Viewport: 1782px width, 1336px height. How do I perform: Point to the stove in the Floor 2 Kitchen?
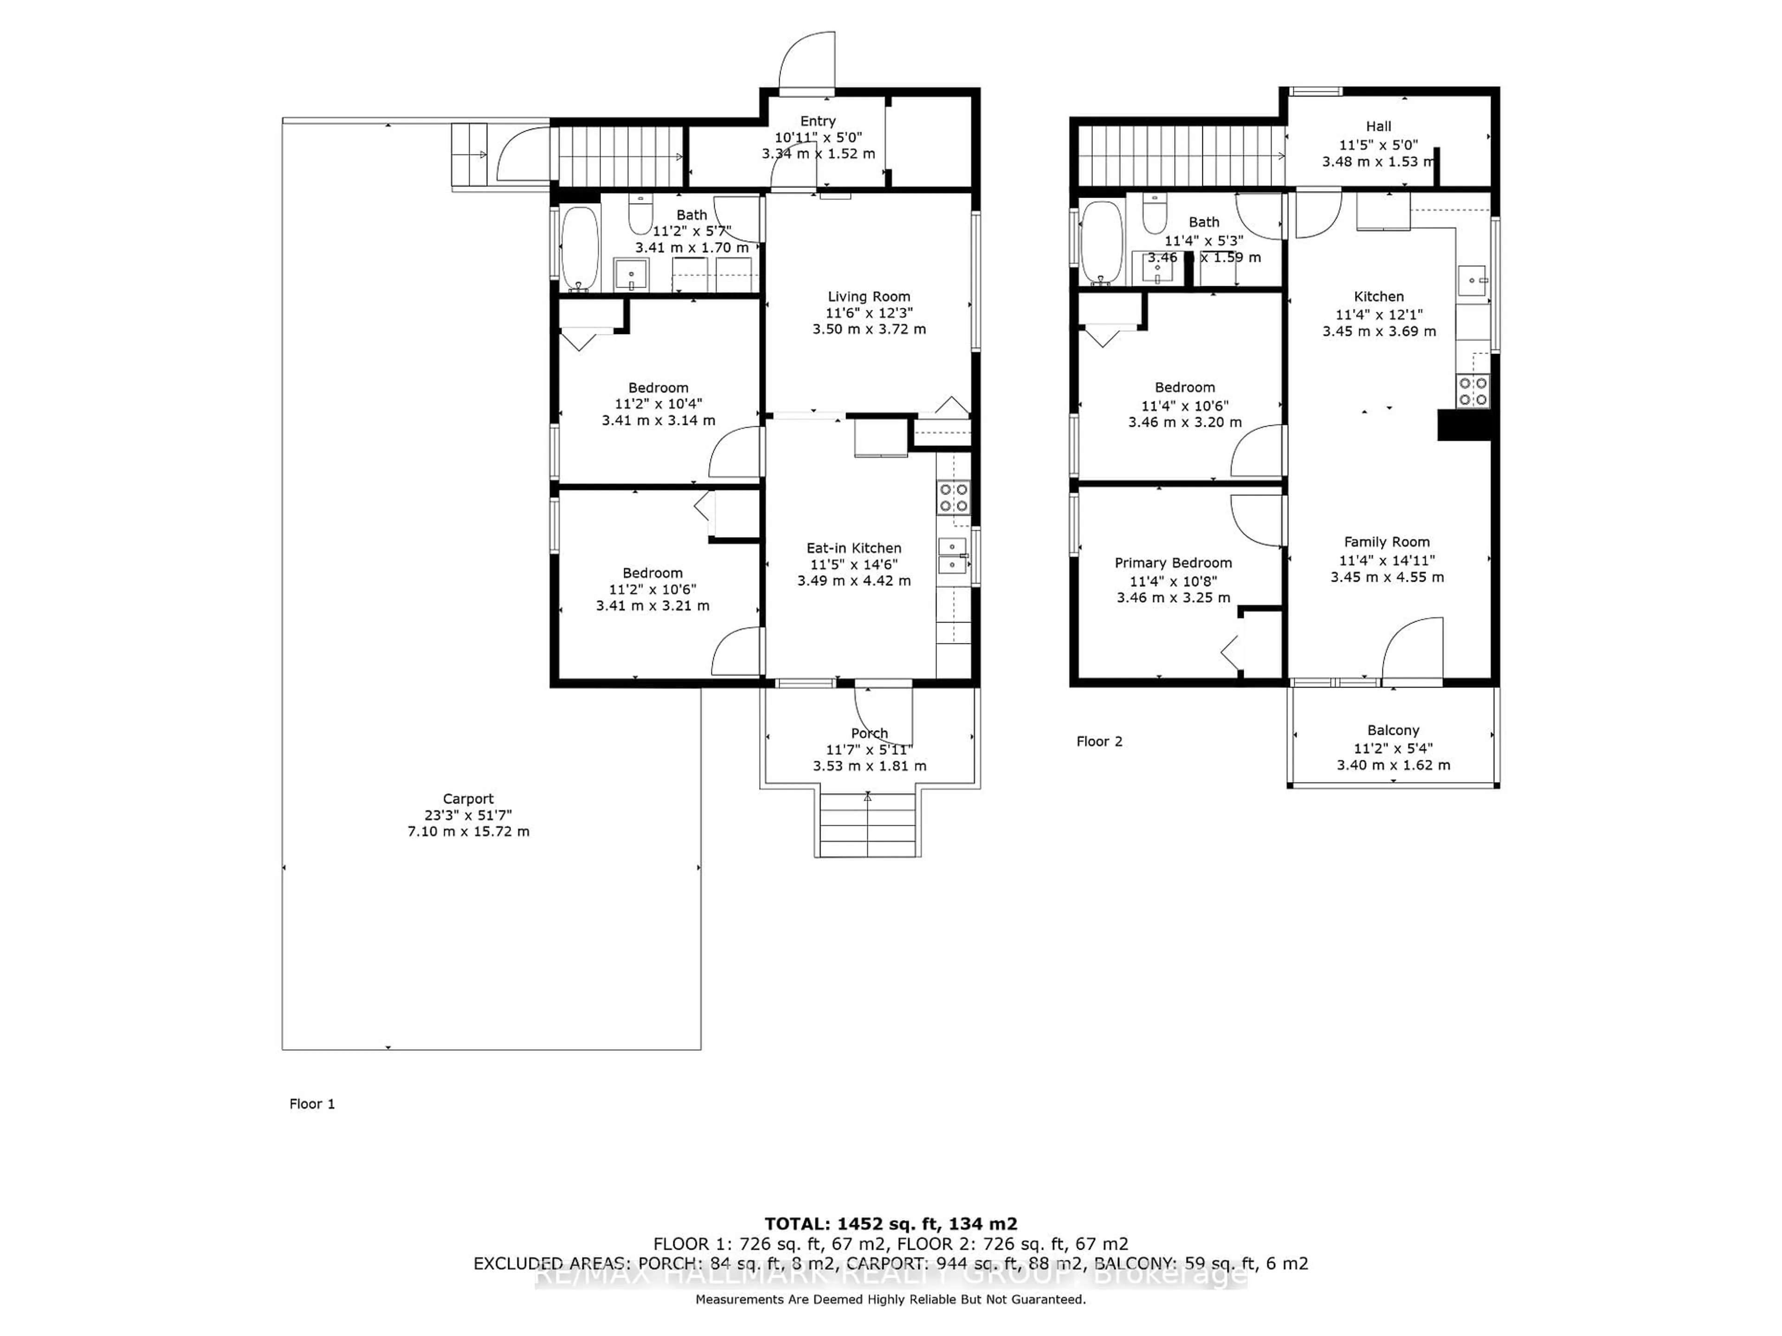(x=1472, y=392)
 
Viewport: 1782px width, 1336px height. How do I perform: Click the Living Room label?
(x=868, y=296)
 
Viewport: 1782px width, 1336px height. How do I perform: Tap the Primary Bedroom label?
(x=1173, y=563)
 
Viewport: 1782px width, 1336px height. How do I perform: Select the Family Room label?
(x=1387, y=542)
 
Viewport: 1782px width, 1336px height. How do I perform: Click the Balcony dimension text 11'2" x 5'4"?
(x=1393, y=748)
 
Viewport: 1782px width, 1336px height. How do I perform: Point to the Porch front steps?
(x=868, y=825)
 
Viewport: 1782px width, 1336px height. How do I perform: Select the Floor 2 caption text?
(x=1099, y=742)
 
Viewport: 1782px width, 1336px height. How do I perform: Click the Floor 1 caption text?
(x=312, y=1104)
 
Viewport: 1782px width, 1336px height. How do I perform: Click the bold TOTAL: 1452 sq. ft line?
(x=890, y=1225)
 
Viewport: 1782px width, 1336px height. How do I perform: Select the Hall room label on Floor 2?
(x=1378, y=127)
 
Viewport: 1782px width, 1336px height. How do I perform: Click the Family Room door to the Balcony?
(x=1411, y=651)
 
